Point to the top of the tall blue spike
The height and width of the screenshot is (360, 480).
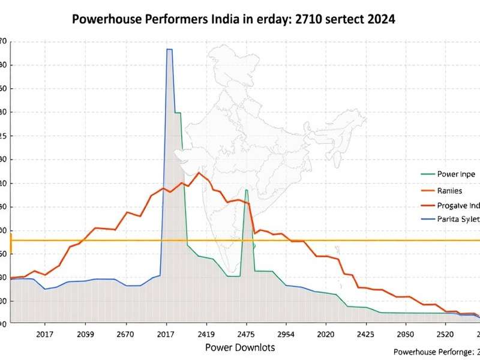coord(169,50)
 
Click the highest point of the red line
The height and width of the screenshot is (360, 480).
coord(199,173)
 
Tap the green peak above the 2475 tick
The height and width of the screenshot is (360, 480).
coord(246,190)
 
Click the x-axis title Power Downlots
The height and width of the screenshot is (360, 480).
coord(240,347)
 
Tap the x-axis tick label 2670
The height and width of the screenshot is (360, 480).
coord(126,334)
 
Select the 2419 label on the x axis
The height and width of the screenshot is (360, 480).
coord(206,334)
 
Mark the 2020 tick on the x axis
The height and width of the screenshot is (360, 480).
coord(326,334)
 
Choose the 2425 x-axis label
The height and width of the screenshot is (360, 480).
coord(365,334)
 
